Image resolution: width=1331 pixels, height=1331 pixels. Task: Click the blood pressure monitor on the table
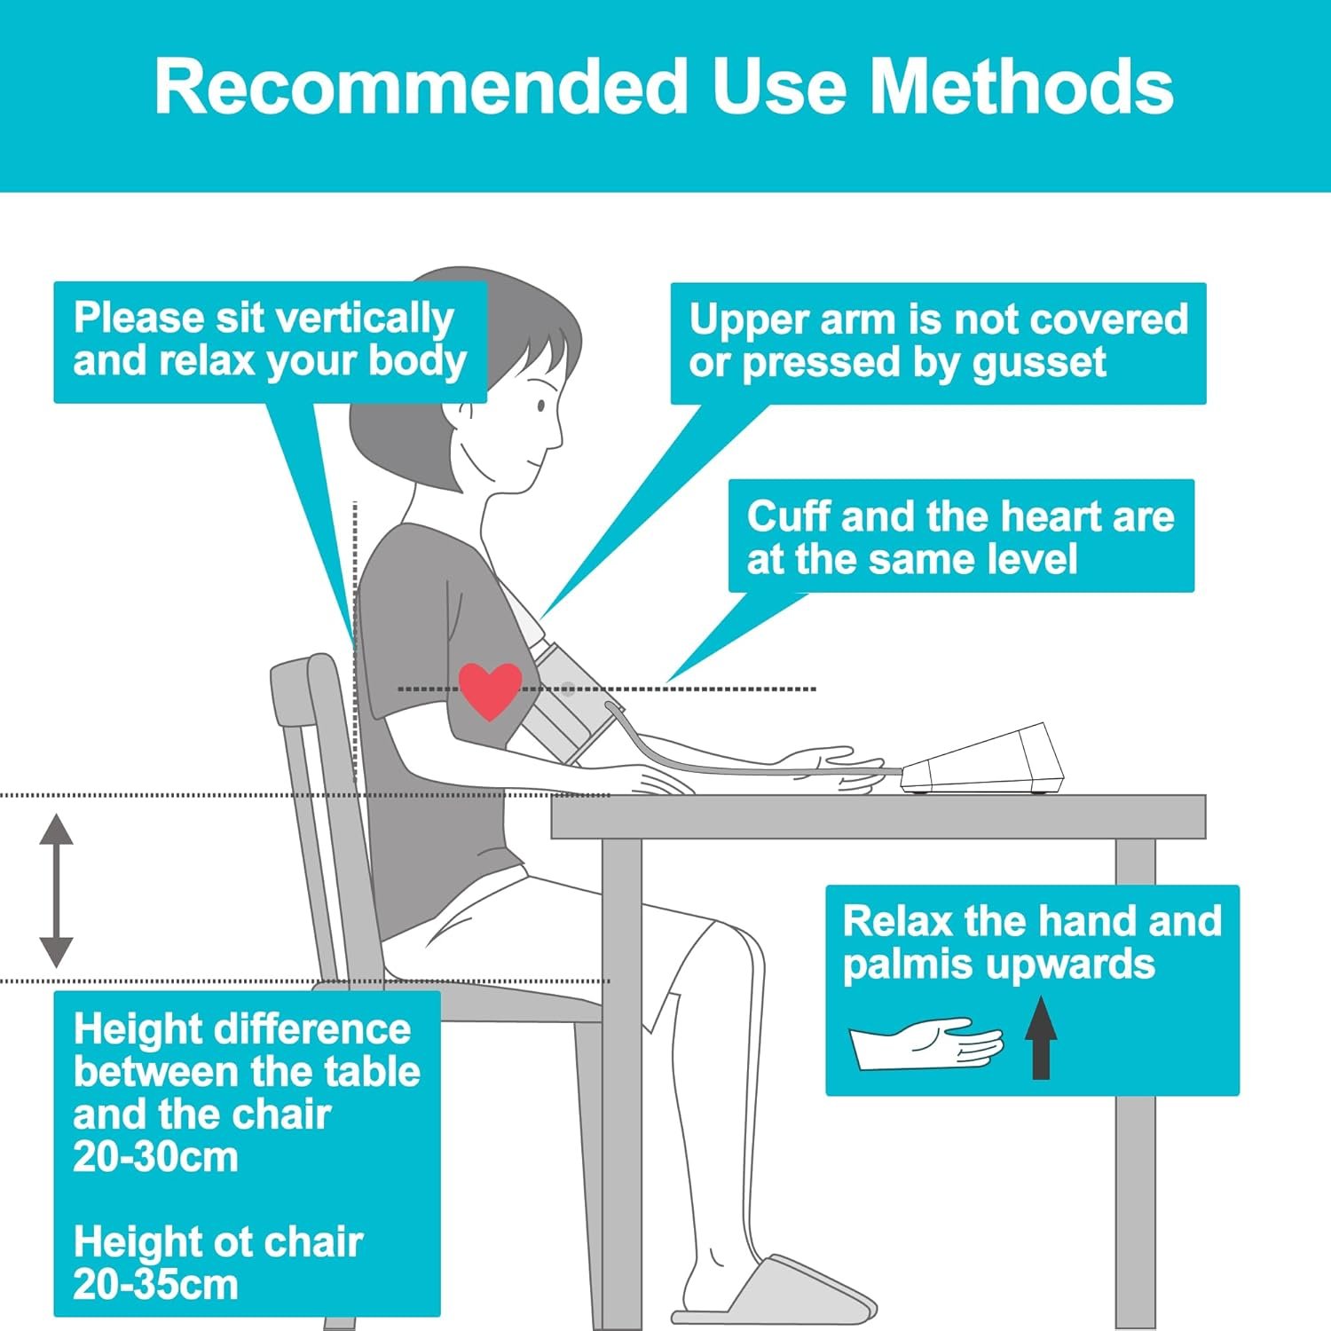[x=981, y=760]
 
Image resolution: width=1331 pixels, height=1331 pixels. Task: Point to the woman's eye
[x=542, y=406]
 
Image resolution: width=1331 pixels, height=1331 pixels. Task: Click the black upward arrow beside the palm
[x=1041, y=1037]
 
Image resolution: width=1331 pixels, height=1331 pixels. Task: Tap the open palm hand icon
[x=926, y=1044]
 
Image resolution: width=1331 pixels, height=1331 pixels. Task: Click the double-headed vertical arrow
[x=56, y=890]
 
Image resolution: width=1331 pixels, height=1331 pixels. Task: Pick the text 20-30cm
[x=155, y=1157]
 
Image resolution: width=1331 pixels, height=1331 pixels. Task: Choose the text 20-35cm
[x=155, y=1285]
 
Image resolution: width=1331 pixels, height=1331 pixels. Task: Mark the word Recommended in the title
[x=421, y=86]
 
